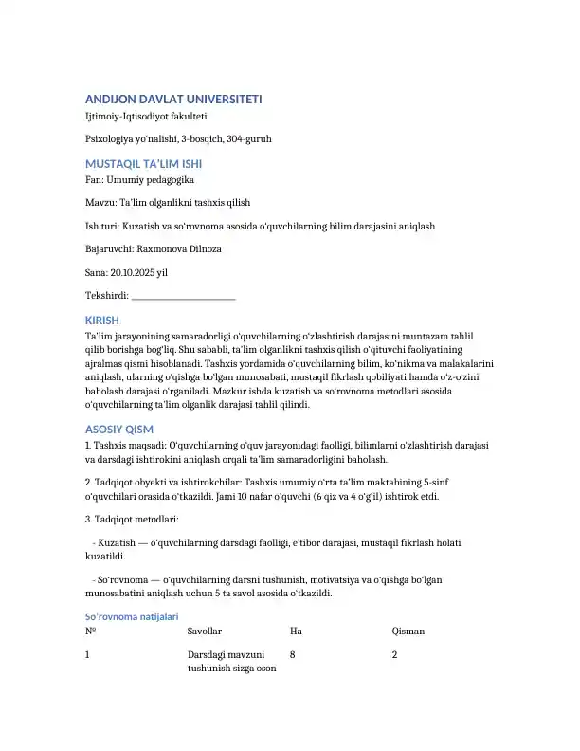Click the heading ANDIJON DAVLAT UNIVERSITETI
pyautogui.click(x=174, y=99)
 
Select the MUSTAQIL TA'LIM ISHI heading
pyautogui.click(x=143, y=163)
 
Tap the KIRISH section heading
pyautogui.click(x=102, y=320)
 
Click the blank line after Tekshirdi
pyautogui.click(x=184, y=295)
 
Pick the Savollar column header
pyautogui.click(x=205, y=631)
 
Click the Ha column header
pyautogui.click(x=296, y=631)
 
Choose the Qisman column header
pyautogui.click(x=408, y=631)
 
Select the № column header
pyautogui.click(x=90, y=631)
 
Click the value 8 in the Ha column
pyautogui.click(x=293, y=654)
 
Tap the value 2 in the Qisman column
pyautogui.click(x=394, y=654)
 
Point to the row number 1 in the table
pyautogui.click(x=88, y=654)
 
